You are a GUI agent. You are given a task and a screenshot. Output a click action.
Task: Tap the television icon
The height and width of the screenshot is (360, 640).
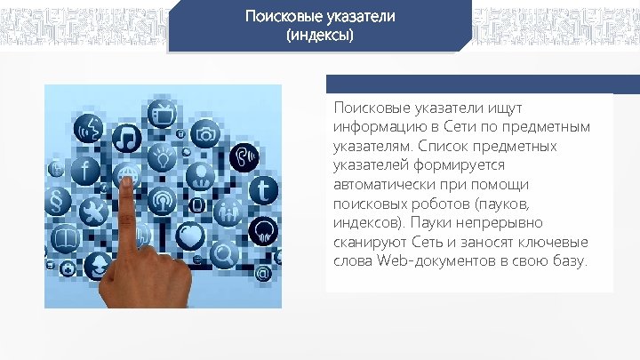(x=164, y=114)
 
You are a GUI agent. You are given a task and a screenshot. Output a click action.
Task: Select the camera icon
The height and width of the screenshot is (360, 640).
(x=206, y=134)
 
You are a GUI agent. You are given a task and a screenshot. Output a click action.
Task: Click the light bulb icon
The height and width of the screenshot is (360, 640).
(x=162, y=158)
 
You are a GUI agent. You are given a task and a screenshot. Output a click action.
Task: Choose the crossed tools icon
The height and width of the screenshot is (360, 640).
(x=92, y=211)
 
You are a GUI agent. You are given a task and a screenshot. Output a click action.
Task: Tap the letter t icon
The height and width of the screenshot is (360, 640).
(x=264, y=189)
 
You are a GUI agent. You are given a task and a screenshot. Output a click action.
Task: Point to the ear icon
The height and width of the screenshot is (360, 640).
(x=243, y=157)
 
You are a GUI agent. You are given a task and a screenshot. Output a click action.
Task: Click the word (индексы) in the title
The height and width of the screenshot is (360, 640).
(x=319, y=36)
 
